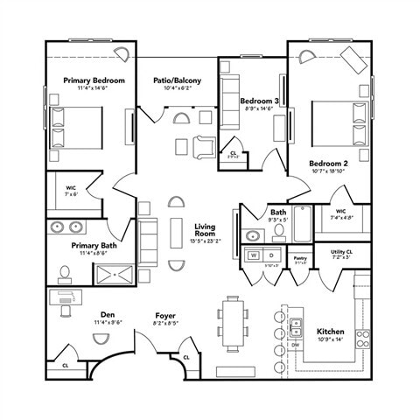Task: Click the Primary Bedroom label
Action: click(94, 80)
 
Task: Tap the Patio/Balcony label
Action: click(176, 80)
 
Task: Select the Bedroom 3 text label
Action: click(259, 101)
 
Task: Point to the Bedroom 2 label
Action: click(328, 164)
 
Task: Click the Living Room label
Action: click(205, 230)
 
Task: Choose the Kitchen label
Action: click(331, 332)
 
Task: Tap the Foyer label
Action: click(166, 315)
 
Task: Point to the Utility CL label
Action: click(341, 252)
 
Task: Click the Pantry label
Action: click(300, 258)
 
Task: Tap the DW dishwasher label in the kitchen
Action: click(297, 345)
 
